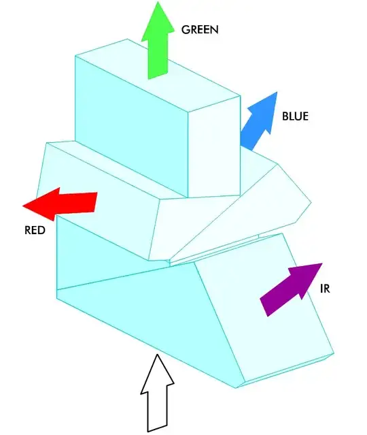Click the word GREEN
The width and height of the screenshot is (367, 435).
point(200,30)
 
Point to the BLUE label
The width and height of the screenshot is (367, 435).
point(295,116)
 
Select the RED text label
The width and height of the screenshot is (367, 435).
point(35,230)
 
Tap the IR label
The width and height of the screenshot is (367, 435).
point(325,289)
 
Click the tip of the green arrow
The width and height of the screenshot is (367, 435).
point(157,3)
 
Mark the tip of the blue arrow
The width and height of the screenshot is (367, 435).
point(277,93)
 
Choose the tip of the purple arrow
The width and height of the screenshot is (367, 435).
point(321,265)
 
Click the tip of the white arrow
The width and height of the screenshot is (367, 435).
point(158,355)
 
